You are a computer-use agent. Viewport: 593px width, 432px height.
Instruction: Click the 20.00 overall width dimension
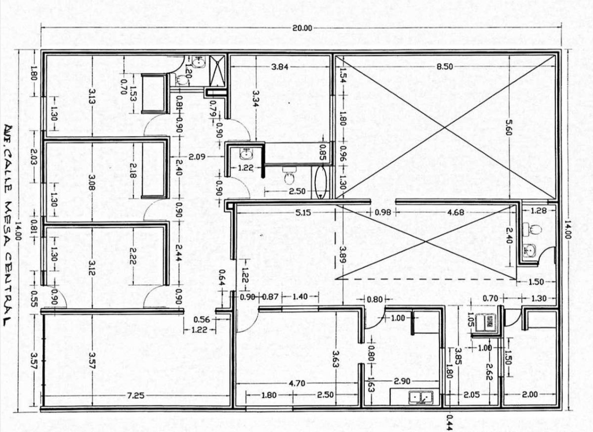coord(302,28)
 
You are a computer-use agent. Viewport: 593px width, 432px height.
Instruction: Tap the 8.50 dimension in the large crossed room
coord(445,67)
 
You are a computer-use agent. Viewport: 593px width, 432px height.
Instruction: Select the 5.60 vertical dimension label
coord(508,128)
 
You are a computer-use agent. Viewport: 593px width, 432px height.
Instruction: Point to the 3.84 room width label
coord(280,67)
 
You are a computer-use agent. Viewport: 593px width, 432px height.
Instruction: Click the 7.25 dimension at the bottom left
coord(136,396)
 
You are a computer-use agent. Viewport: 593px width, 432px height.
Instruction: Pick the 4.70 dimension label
coord(297,383)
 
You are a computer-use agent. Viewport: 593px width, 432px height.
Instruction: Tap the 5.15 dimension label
coord(303,213)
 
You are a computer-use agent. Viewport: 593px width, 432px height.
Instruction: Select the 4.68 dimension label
coord(456,213)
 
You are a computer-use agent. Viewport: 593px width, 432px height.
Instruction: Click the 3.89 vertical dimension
coord(343,254)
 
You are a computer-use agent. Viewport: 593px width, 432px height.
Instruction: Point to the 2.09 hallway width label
coord(197,157)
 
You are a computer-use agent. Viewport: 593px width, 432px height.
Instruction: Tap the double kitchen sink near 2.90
coord(421,397)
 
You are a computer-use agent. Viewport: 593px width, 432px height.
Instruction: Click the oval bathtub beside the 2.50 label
coord(321,182)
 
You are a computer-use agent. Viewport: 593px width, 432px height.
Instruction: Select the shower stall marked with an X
coord(217,71)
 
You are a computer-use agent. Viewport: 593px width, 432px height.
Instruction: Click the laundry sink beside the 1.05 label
coord(485,323)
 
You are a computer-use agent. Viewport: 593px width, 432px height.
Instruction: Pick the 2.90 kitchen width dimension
coord(402,382)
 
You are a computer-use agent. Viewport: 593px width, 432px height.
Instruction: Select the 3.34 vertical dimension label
coord(255,98)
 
